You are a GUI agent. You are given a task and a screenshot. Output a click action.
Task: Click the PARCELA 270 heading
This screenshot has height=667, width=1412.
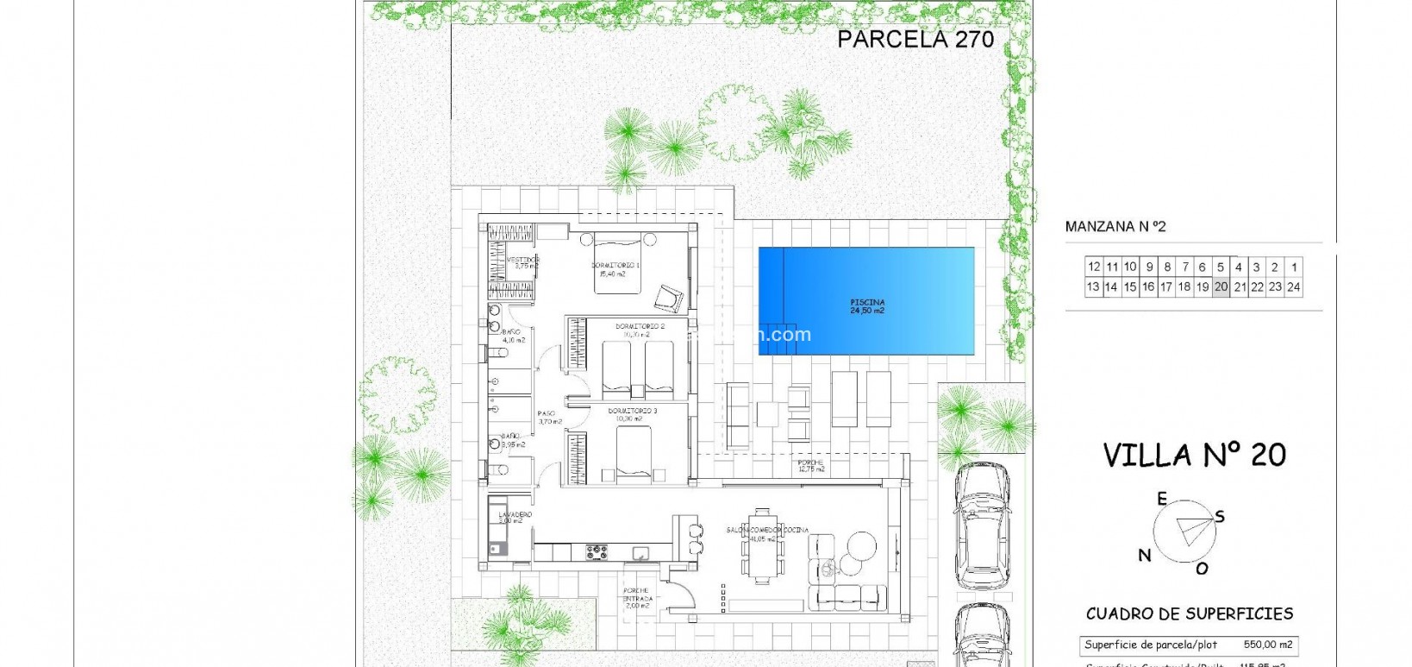click(x=915, y=39)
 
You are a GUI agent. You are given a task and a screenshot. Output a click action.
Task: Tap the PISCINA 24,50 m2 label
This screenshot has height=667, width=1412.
click(x=867, y=306)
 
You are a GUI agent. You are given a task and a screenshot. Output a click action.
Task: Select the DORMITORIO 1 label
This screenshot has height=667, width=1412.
click(x=615, y=269)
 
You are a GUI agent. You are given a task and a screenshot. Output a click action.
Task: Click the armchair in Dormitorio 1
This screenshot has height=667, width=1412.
click(x=668, y=298)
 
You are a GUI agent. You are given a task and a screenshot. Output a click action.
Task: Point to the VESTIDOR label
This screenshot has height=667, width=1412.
click(x=522, y=262)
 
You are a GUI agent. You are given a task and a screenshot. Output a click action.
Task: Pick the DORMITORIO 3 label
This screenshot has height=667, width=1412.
click(x=633, y=414)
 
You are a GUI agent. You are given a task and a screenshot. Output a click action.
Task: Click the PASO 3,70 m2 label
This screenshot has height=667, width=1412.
click(x=549, y=418)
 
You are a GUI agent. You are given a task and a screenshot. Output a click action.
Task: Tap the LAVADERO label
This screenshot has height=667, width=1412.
click(x=515, y=517)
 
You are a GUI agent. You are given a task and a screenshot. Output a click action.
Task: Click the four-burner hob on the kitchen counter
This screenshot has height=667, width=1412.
click(x=597, y=551)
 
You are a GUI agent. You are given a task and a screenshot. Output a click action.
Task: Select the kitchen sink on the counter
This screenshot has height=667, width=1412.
click(x=641, y=552)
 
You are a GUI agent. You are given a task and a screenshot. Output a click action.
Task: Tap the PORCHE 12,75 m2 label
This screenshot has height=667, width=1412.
click(x=810, y=466)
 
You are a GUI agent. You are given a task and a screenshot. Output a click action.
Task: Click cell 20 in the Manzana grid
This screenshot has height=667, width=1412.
click(x=1221, y=287)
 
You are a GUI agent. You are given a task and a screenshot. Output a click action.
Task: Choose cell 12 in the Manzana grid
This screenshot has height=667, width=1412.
click(x=1094, y=267)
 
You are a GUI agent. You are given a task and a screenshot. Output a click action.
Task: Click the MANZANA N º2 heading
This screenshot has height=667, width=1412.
click(x=1115, y=227)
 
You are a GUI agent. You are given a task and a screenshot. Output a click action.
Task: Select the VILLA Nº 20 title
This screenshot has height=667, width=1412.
click(x=1194, y=455)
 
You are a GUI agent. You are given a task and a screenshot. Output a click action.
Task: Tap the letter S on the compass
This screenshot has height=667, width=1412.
click(x=1220, y=517)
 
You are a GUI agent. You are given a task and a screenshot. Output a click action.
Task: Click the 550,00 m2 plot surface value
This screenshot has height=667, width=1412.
click(x=1267, y=645)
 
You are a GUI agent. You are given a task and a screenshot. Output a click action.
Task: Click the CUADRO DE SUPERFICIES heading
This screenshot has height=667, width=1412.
click(x=1190, y=614)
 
